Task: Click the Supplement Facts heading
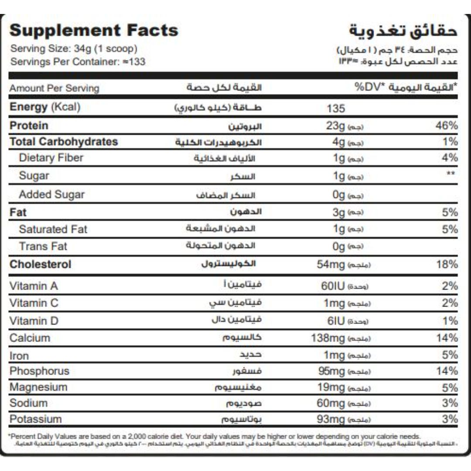(94, 31)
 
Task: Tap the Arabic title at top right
(403, 31)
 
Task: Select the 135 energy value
(335, 108)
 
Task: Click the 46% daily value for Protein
(446, 126)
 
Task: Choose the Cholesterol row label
(40, 264)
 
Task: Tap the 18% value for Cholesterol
(446, 264)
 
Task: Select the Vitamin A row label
(34, 286)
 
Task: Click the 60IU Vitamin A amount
(332, 286)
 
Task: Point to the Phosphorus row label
(39, 371)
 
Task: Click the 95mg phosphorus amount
(331, 371)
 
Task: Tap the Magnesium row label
(38, 387)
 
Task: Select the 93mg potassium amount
(331, 420)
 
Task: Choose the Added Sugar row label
(51, 195)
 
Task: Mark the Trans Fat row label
(43, 246)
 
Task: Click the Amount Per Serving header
(55, 88)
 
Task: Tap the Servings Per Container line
(78, 61)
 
